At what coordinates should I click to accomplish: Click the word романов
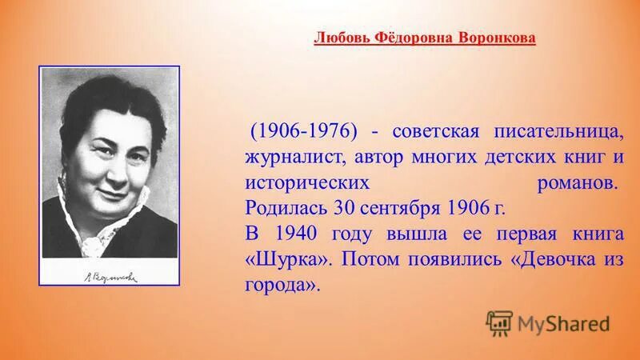click(575, 182)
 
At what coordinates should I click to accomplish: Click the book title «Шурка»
click(286, 260)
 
